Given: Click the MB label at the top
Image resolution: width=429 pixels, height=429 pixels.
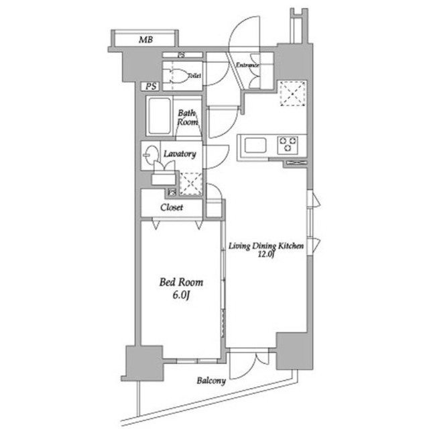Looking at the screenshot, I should point(145,40).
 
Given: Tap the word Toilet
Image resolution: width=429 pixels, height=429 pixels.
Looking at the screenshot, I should point(194,76).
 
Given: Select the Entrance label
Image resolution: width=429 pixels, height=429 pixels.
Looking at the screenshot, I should point(247,65).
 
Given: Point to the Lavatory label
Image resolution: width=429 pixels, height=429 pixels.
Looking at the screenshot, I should point(179,154).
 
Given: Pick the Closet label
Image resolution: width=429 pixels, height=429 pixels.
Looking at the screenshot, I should point(172,207).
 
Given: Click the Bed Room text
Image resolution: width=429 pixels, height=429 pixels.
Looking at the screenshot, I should point(180,283).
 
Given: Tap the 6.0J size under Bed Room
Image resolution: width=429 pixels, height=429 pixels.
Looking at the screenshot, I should point(180,296).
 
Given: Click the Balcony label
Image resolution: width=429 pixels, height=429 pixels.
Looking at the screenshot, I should point(211,381).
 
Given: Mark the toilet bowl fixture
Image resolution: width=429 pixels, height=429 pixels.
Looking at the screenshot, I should point(176,76).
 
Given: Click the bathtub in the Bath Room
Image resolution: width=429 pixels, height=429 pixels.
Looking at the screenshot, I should point(160,117).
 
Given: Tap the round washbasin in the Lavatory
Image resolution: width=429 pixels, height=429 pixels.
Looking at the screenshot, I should point(150,153).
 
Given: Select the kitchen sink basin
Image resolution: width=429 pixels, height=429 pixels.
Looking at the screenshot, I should point(255,144).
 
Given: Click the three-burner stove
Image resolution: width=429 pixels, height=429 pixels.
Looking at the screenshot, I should point(289,144).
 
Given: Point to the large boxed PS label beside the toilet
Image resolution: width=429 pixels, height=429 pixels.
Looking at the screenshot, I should point(150,87).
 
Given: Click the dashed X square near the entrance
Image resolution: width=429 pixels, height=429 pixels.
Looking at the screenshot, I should point(292,93).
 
